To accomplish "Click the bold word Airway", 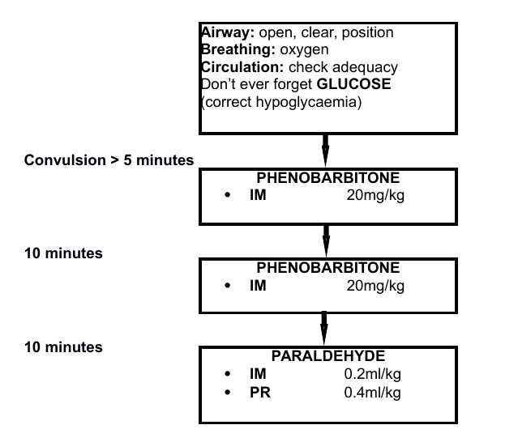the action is coord(228,32).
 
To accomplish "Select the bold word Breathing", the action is coord(238,50).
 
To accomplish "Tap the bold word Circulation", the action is coord(242,67).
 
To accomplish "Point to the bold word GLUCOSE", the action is coord(353,84).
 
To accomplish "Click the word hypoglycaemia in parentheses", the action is coord(306,102).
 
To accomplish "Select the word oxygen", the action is coord(304,50).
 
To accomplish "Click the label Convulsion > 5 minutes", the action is coord(109,160).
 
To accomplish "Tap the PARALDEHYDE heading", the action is coord(328,356).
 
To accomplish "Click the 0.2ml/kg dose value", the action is coord(372,374).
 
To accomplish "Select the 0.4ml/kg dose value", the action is coord(372,393).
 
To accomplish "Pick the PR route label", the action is coord(260,393).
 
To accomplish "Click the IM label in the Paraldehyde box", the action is coord(258,374).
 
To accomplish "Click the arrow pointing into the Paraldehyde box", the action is coord(324,328).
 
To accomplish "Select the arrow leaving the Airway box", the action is coord(325,151).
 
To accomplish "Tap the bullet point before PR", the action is coord(227,393).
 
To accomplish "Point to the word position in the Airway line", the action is coord(368,33).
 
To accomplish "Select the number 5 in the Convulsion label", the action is coord(127,160).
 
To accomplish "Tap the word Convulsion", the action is coord(65,160).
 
